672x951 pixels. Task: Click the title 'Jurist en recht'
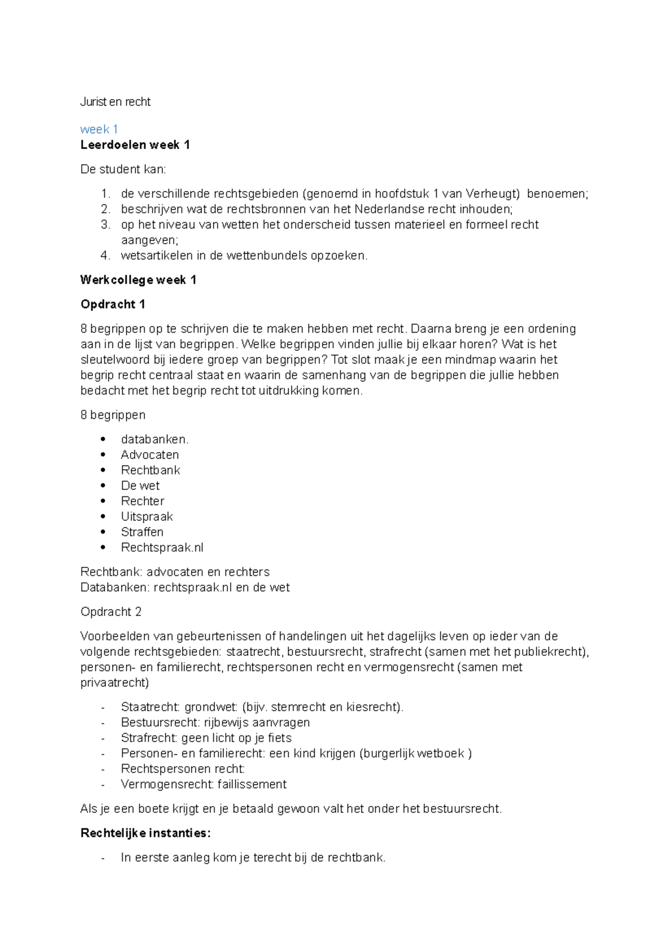(115, 102)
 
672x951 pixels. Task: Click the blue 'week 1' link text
(99, 129)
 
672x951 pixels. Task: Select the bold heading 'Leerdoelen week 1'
(135, 145)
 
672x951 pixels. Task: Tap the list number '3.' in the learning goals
(106, 225)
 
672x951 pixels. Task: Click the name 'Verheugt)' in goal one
(492, 194)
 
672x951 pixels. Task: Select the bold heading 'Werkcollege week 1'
(138, 280)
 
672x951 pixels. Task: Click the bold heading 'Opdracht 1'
(113, 305)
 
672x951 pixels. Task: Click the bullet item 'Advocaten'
(150, 455)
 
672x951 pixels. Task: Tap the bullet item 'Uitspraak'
(147, 516)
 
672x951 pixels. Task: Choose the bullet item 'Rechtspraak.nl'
(162, 548)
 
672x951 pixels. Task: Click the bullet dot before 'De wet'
(103, 486)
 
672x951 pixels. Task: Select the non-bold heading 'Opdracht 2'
(111, 612)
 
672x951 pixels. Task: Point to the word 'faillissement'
(251, 784)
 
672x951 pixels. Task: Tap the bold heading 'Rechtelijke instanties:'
(146, 833)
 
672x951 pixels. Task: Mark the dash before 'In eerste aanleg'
(103, 858)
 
